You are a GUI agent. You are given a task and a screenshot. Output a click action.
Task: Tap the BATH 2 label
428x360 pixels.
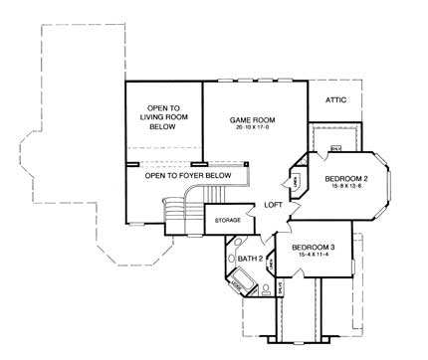tap(251, 260)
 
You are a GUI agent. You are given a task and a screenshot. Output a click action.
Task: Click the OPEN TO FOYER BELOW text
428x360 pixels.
tap(188, 176)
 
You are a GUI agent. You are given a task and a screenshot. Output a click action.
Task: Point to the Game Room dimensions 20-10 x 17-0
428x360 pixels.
tap(252, 129)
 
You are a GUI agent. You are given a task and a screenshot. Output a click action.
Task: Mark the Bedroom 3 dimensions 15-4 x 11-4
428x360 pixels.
tap(311, 257)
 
